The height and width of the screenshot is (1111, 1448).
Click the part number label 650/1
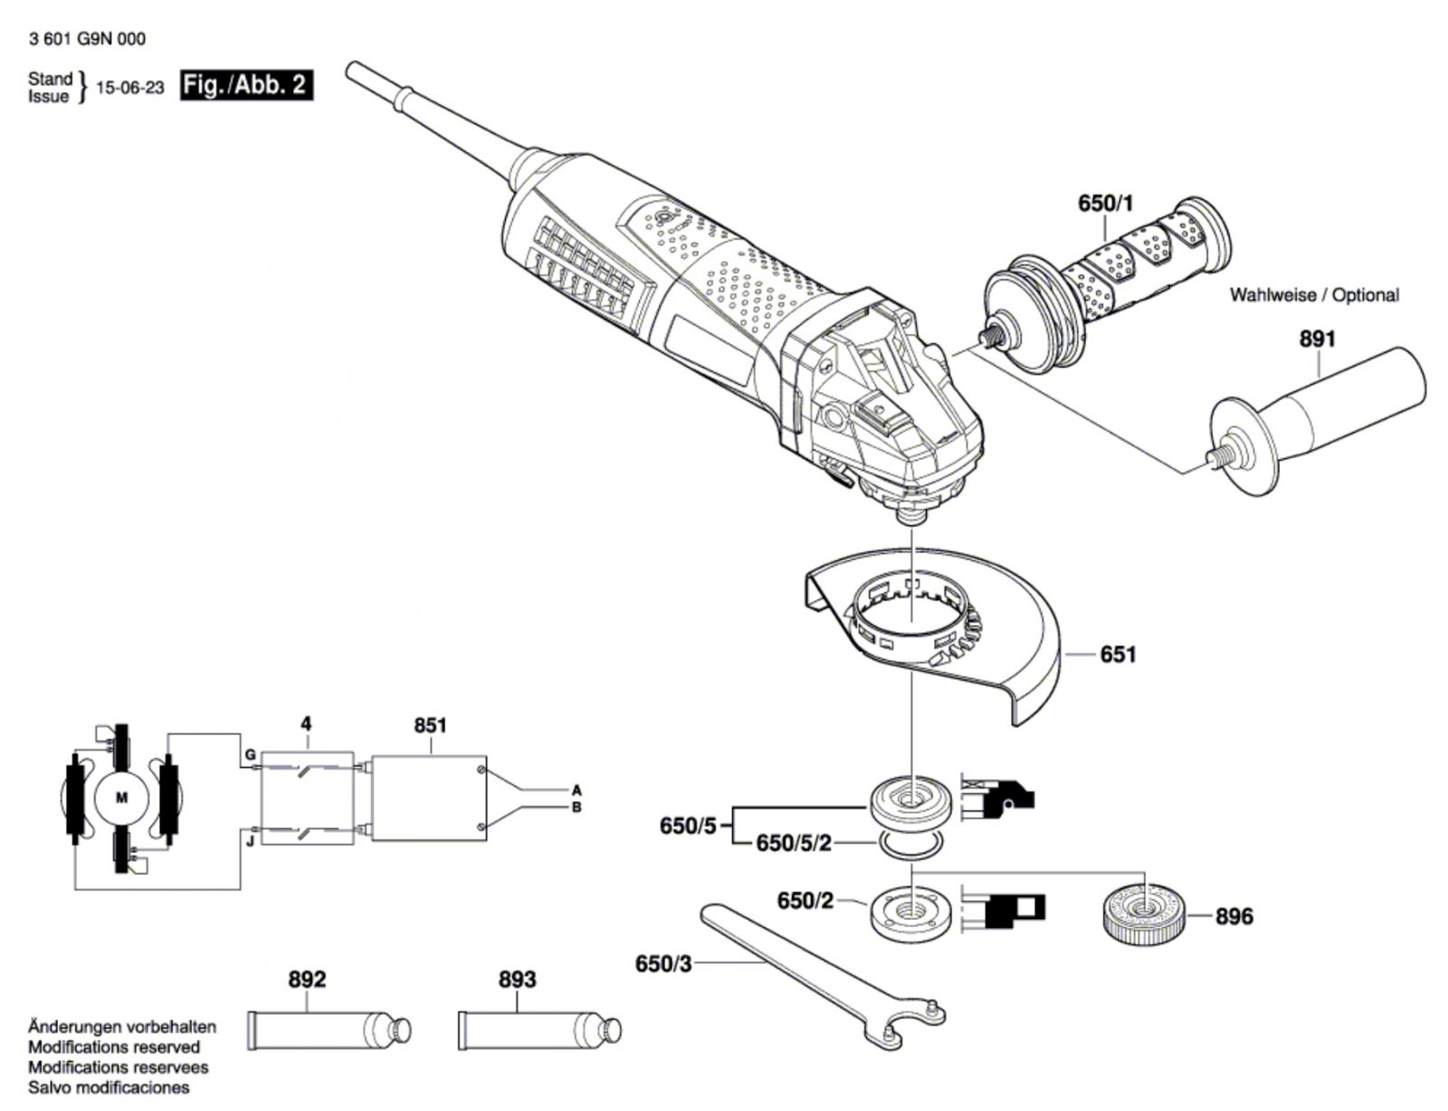(1106, 203)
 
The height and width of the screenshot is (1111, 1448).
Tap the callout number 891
(1318, 340)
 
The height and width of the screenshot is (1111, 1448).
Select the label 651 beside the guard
(1118, 655)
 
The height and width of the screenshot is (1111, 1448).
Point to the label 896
(1234, 916)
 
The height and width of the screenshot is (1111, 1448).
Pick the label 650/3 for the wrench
(663, 963)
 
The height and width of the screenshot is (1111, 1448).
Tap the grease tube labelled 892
(329, 1030)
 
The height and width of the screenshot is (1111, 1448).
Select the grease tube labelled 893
(539, 1030)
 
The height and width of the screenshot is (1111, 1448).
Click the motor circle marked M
(121, 798)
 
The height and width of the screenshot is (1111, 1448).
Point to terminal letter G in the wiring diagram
(250, 755)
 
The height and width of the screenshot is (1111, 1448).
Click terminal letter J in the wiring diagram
(250, 841)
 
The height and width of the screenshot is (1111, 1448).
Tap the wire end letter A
(576, 790)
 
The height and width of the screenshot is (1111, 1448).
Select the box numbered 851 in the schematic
(428, 798)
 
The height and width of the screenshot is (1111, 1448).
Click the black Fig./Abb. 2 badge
(246, 85)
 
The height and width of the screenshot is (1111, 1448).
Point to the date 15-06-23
(130, 88)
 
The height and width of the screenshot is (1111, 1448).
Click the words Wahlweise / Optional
(1314, 294)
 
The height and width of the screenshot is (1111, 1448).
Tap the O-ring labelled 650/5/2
(910, 845)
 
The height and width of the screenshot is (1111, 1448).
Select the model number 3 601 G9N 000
(87, 39)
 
